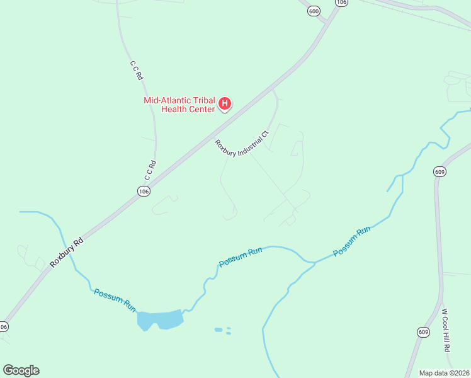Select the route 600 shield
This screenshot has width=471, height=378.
[x=314, y=11]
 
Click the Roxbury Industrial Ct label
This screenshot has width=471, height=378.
[x=241, y=143]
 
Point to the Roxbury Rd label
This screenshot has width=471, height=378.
[x=67, y=253]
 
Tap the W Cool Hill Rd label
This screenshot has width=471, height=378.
[x=446, y=329]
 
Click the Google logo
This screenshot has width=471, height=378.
[x=21, y=370]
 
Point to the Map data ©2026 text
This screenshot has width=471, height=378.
[x=444, y=372]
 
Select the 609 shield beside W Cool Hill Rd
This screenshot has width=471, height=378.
[x=423, y=331]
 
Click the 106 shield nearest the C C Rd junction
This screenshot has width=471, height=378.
[x=144, y=191]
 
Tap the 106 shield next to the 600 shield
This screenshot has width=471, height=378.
[x=341, y=3]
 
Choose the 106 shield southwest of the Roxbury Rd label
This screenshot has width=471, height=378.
[x=3, y=326]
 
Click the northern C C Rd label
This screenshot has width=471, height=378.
[x=137, y=70]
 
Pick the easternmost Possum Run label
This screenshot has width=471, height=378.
[x=351, y=241]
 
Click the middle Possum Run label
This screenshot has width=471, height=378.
[x=240, y=257]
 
